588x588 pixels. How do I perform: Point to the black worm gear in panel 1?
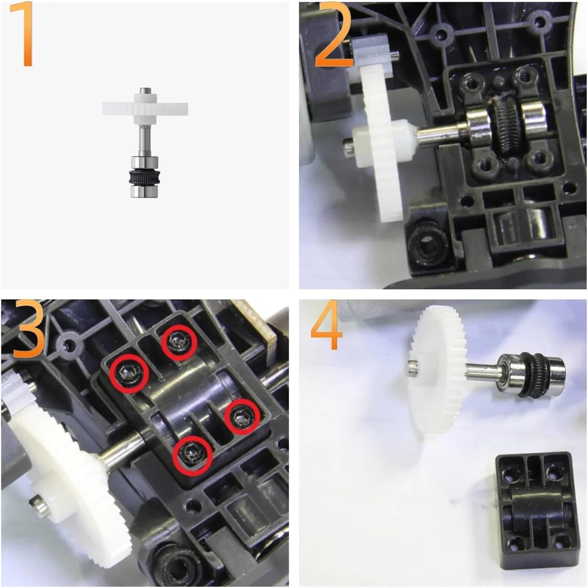pyautogui.click(x=144, y=177)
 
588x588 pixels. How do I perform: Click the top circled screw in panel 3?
pyautogui.click(x=179, y=342)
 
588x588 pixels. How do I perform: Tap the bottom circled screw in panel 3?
pyautogui.click(x=192, y=455)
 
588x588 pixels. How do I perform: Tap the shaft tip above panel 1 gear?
pyautogui.click(x=144, y=90)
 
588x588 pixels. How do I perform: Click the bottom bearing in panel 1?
pyautogui.click(x=144, y=191)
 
